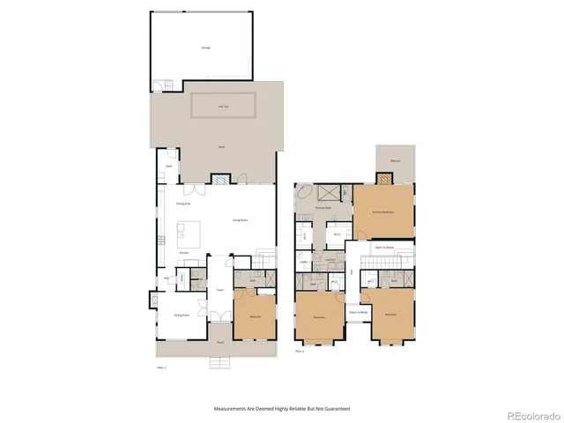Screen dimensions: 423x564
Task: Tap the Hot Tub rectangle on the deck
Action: point(224,106)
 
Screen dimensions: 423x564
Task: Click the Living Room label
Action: point(239,219)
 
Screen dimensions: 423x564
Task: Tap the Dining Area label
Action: point(183,203)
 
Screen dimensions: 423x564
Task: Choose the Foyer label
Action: point(219,290)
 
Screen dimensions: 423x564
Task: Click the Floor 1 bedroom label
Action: point(254,316)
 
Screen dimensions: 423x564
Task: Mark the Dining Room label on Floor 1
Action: point(182,315)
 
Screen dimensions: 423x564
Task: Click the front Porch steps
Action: point(220,362)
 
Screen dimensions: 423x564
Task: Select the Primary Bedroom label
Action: point(382,211)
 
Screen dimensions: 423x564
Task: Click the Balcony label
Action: point(394,160)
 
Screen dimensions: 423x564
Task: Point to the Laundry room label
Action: point(329,259)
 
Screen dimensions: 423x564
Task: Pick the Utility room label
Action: point(304,262)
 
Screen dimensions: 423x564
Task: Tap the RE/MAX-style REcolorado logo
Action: point(529,412)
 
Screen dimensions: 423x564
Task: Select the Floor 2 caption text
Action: point(300,351)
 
